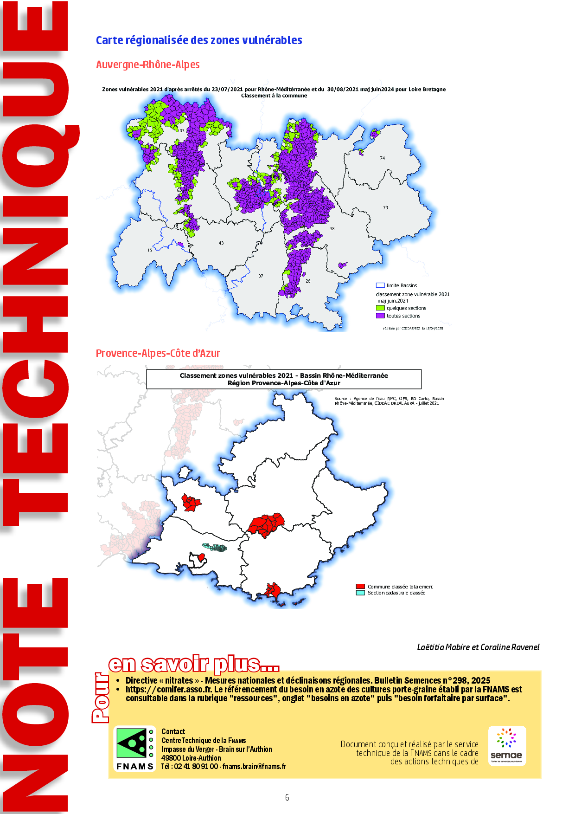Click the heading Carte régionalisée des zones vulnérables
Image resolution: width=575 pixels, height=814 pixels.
pos(199,40)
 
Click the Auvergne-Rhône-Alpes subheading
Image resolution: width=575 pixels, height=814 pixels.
pos(147,65)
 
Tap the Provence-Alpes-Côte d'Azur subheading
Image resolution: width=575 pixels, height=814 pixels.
pos(158,353)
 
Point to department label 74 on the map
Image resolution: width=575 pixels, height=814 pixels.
pos(382,158)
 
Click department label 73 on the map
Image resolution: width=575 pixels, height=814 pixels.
pos(385,207)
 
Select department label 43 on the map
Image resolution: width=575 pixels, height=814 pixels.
pos(221,243)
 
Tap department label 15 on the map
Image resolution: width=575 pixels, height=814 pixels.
pos(150,250)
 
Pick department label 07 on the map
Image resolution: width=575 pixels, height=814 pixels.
pos(261,276)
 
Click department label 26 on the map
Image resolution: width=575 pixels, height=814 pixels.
pos(308,281)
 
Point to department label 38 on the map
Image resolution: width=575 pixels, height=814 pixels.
pos(332,229)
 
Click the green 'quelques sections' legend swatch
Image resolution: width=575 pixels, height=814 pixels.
pos(380,308)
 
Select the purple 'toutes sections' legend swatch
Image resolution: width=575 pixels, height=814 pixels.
pos(380,316)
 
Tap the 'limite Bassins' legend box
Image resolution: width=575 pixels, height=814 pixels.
pos(380,285)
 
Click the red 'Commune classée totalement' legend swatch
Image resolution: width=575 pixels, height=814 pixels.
pos(360,587)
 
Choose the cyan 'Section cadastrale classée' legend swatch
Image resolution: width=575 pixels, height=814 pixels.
pos(360,593)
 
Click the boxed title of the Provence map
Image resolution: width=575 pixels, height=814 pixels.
pos(284,379)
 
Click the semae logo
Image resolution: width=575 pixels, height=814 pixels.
pos(507,745)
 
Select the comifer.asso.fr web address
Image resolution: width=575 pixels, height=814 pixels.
pos(168,690)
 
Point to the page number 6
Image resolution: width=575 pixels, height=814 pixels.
pos(287,797)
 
